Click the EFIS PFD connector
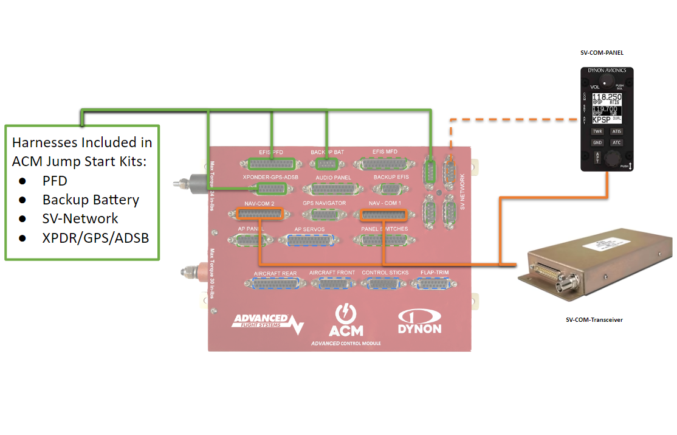(271, 164)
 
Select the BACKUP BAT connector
(328, 163)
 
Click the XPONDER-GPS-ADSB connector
(270, 189)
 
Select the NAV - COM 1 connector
(383, 215)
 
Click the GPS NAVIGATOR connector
(324, 214)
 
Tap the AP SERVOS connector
(309, 240)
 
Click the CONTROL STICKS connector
(385, 283)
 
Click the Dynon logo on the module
(419, 322)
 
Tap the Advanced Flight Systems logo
(267, 323)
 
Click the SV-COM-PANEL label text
(602, 53)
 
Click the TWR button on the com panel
(597, 131)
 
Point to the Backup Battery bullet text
(91, 200)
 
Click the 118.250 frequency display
(607, 97)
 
